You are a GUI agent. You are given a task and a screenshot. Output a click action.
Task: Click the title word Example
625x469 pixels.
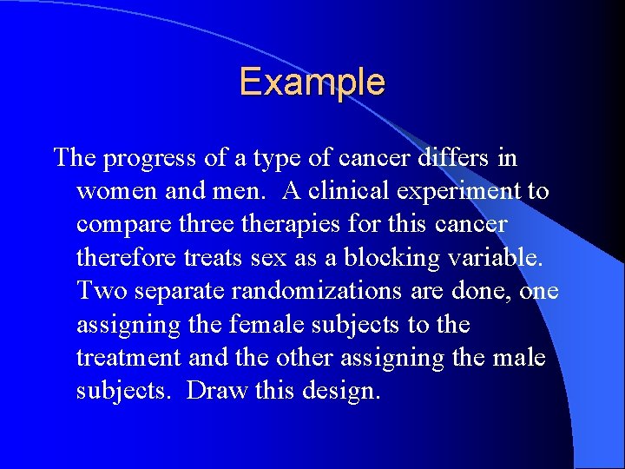(x=312, y=83)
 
